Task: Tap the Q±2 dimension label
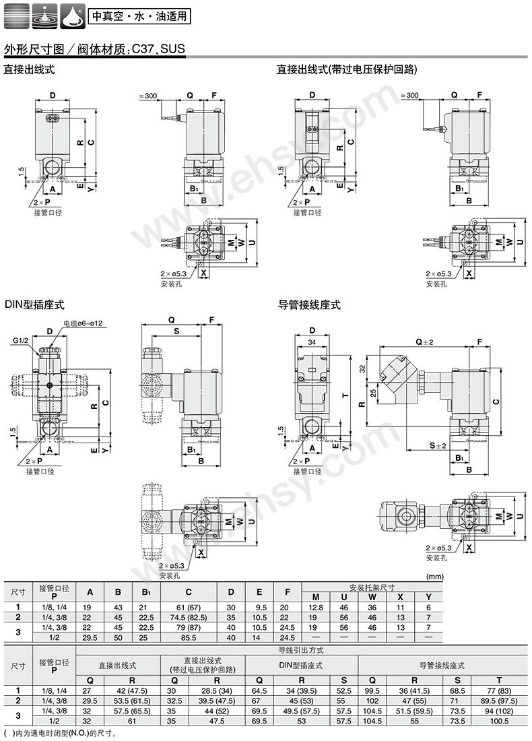point(424,342)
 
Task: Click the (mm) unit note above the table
point(436,577)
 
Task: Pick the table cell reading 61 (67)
point(189,607)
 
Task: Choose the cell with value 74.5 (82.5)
point(189,617)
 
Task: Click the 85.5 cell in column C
point(189,637)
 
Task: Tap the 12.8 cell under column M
point(315,607)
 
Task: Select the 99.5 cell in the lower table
point(373,690)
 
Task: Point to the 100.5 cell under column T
point(499,720)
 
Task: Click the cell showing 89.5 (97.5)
point(499,701)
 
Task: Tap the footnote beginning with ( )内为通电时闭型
point(61,733)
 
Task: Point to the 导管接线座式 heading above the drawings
point(309,305)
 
